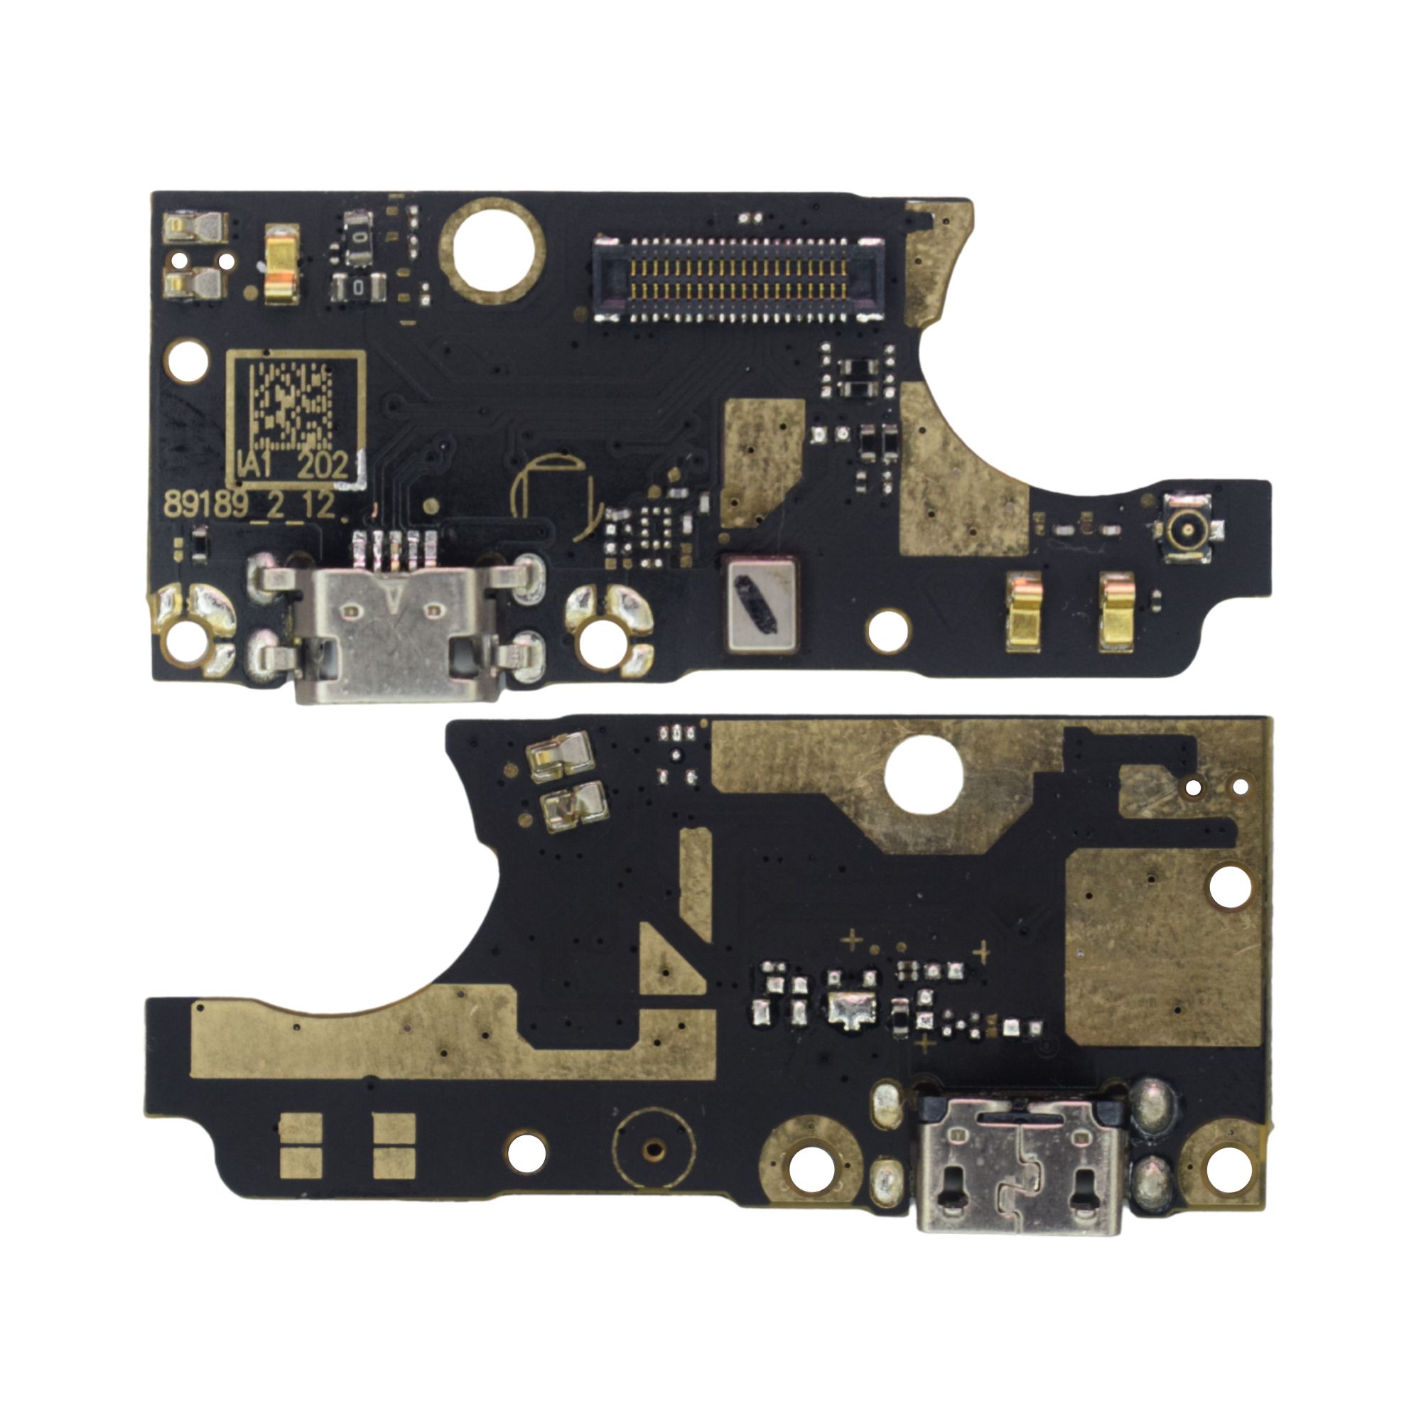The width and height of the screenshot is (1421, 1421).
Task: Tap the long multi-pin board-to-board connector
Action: click(x=738, y=279)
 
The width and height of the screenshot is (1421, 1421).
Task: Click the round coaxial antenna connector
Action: click(x=1187, y=528)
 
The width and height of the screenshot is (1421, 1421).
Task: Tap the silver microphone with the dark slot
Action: click(x=760, y=604)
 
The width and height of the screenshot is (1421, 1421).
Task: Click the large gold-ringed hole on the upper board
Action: click(x=492, y=250)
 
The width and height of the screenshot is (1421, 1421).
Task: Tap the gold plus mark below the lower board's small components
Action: click(x=926, y=1043)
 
